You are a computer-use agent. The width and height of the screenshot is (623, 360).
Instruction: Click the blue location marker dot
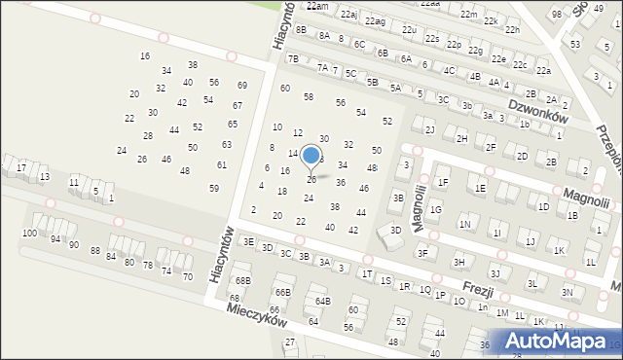(311, 155)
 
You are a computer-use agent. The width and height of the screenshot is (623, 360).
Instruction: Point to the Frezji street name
(477, 290)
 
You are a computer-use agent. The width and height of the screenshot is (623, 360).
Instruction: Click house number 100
(30, 234)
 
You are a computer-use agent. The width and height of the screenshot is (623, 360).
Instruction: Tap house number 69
(241, 86)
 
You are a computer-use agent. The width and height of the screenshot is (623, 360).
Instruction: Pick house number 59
(214, 188)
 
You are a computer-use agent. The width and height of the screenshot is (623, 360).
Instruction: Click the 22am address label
(317, 6)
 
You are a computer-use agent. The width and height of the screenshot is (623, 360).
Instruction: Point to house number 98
(557, 14)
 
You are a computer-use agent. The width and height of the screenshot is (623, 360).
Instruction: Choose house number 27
(290, 342)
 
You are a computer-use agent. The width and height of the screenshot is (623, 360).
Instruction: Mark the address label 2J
(429, 129)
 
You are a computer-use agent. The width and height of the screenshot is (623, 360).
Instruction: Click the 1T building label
(367, 274)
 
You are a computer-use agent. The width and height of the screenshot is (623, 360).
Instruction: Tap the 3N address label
(567, 292)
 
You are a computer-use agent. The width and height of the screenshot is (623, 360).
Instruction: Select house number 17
(21, 168)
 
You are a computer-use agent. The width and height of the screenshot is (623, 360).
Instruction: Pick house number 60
(285, 89)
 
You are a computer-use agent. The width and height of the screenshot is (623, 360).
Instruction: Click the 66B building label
(282, 292)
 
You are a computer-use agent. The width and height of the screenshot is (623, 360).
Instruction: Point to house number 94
(55, 239)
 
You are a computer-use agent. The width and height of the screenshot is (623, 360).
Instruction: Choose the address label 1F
(443, 182)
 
